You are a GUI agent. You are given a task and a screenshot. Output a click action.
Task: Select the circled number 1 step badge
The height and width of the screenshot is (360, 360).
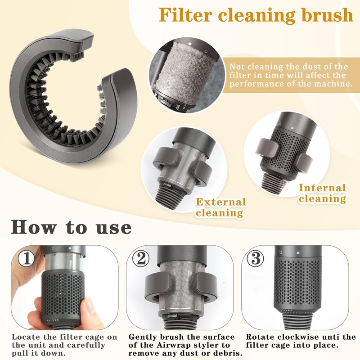pyautogui.click(x=27, y=258)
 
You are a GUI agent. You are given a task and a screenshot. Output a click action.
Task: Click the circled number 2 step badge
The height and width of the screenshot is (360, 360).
pyautogui.click(x=141, y=258)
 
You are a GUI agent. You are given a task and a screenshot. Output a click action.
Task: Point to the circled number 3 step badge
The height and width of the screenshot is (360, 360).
pyautogui.click(x=255, y=258)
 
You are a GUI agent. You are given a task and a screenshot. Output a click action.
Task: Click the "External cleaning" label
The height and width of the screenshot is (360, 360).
pyautogui.click(x=220, y=207)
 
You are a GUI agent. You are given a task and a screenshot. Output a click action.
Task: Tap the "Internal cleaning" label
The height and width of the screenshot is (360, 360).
pyautogui.click(x=322, y=193)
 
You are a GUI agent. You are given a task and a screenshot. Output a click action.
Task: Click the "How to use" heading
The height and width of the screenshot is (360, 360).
pyautogui.click(x=71, y=227)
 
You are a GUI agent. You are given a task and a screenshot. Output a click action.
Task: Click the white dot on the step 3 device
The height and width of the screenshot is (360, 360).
pyautogui.click(x=298, y=253)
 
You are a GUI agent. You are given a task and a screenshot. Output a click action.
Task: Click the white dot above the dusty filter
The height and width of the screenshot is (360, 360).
pyautogui.click(x=190, y=44)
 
